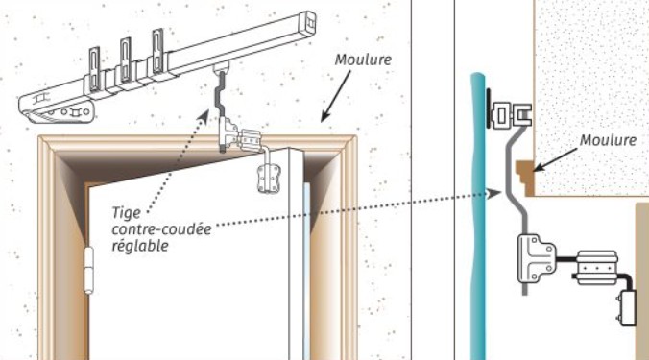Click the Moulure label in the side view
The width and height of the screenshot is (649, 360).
608,140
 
